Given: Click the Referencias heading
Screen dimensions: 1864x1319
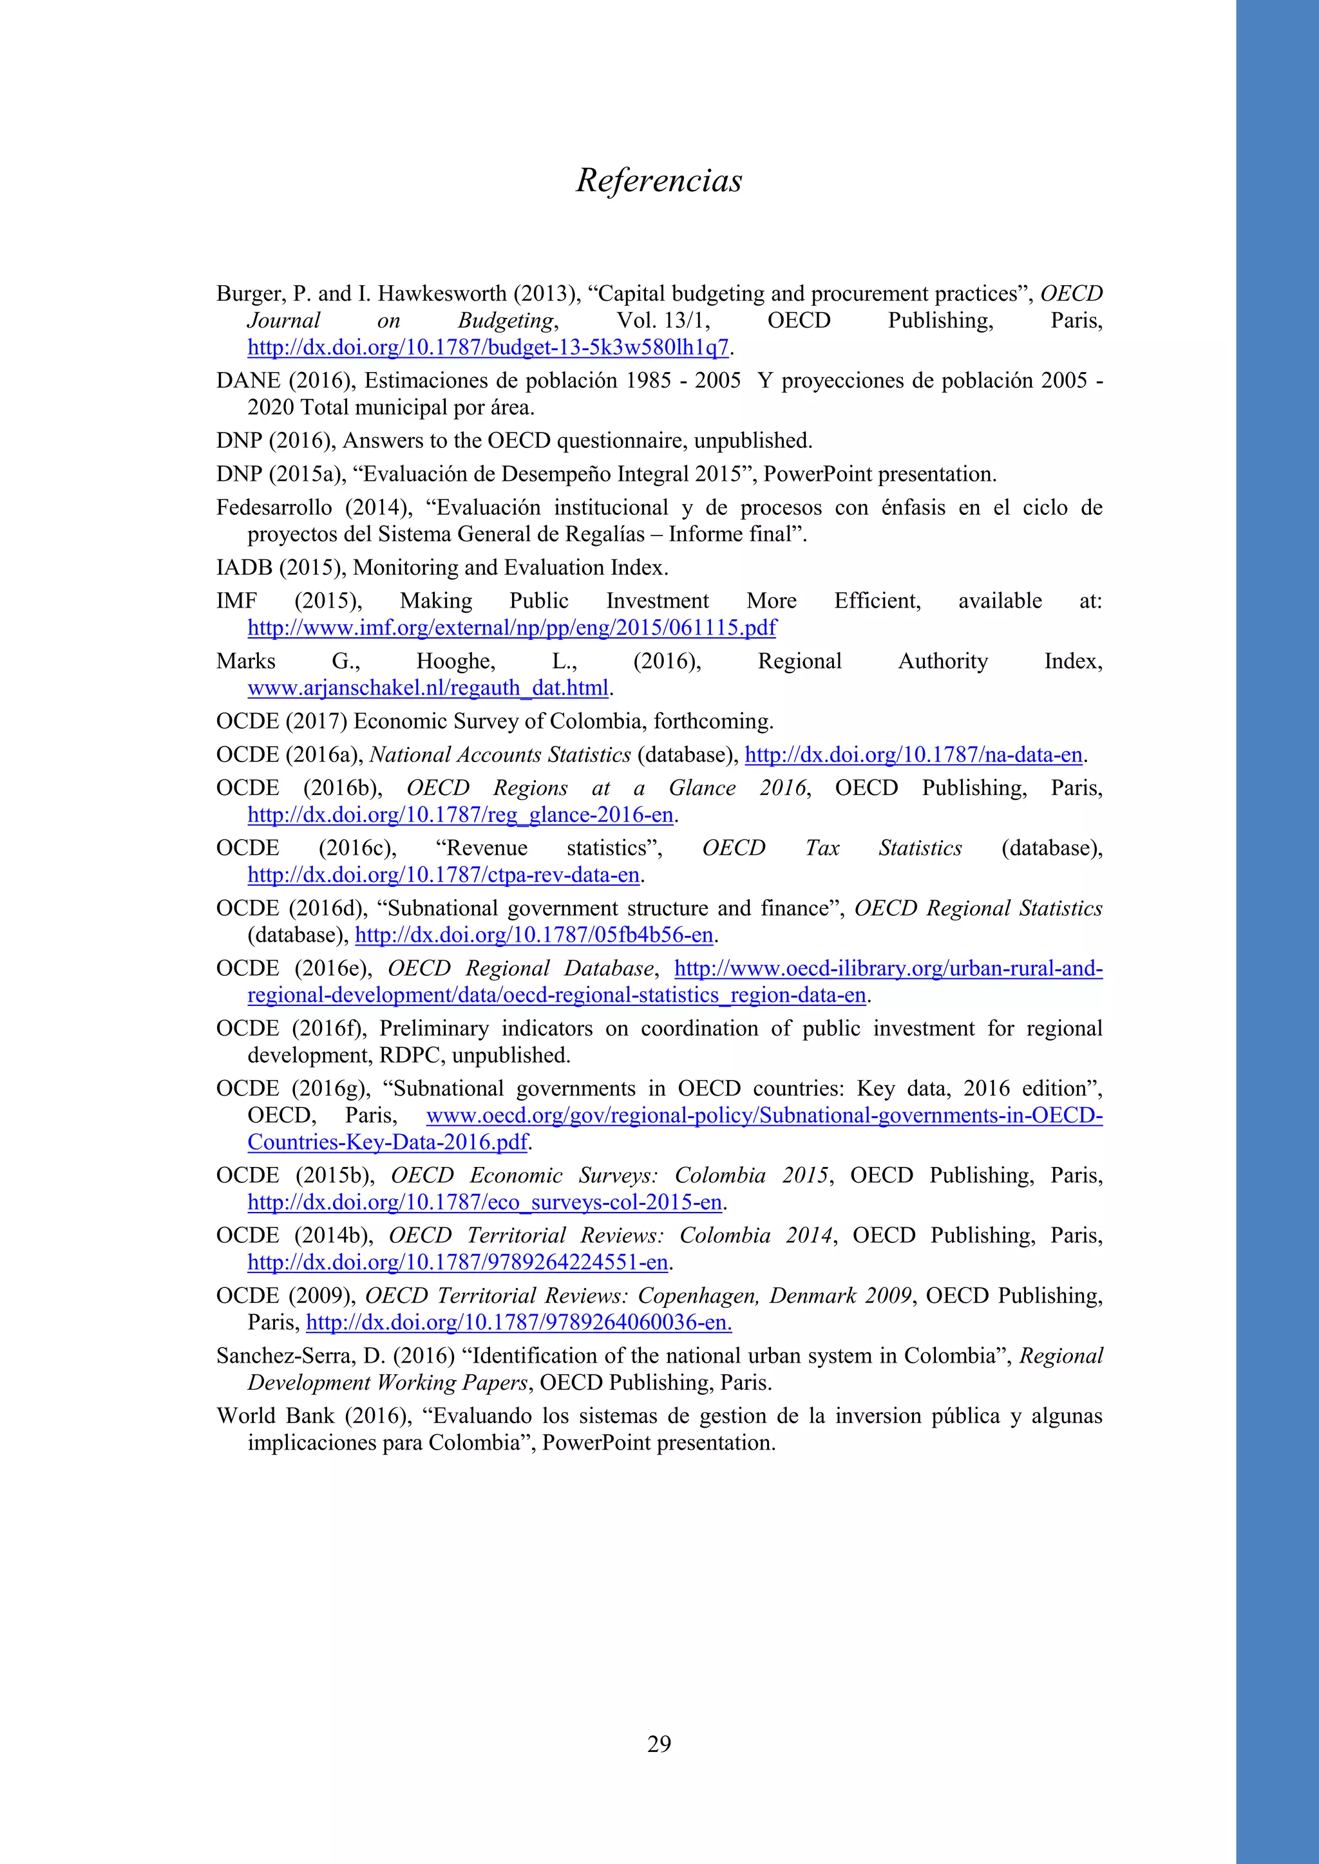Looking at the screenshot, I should [x=659, y=180].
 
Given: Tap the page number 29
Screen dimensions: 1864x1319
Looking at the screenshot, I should [x=659, y=1743].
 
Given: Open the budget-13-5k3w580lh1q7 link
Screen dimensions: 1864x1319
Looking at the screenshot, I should [x=488, y=348].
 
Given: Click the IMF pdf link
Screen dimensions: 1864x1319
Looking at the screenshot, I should [x=511, y=628].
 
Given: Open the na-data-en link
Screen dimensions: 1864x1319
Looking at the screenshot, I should [x=914, y=755].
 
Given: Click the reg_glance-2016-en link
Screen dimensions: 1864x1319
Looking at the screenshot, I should [x=460, y=815].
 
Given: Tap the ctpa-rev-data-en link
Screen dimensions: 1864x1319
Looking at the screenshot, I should [x=444, y=875].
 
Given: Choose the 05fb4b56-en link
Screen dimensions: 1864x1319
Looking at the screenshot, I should [x=535, y=935].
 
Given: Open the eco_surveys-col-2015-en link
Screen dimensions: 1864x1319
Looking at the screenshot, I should [x=485, y=1202].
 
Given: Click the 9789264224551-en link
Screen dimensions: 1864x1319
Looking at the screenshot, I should [x=458, y=1262].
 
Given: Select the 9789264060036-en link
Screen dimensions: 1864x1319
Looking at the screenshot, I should [x=518, y=1323].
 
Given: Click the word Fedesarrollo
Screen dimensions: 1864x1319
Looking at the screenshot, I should [x=274, y=508].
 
